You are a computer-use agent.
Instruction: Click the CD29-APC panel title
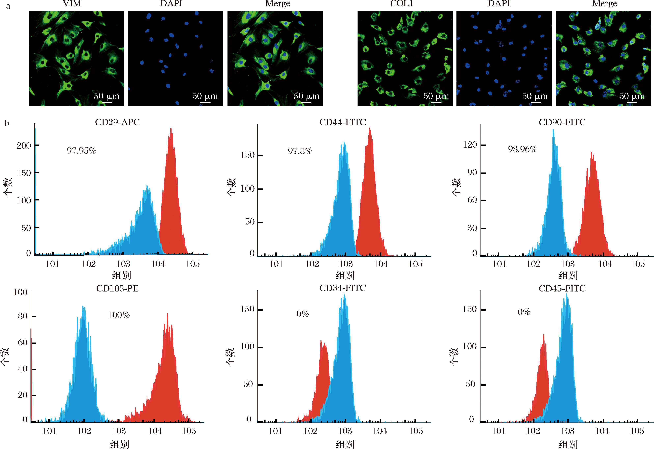(117, 122)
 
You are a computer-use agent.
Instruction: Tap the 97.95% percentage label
(81, 151)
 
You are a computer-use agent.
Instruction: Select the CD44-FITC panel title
(343, 122)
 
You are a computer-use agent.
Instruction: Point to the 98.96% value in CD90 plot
(522, 149)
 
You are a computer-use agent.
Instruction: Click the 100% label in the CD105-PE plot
(119, 315)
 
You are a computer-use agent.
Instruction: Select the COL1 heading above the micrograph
(402, 4)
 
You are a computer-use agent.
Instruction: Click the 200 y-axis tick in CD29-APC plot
(24, 145)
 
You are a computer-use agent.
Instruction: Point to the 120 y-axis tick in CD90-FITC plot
(470, 145)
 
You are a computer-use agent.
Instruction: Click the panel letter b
(7, 123)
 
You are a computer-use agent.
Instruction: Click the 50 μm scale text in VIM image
(106, 96)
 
